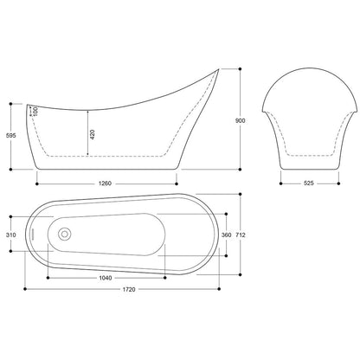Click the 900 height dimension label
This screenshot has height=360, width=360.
(241, 120)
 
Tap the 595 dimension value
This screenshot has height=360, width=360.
(11, 136)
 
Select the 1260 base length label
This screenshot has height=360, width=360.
(105, 183)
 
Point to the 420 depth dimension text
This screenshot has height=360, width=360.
(93, 134)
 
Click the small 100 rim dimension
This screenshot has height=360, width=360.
(35, 112)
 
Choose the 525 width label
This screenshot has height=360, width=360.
(309, 183)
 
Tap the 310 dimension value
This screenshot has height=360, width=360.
(11, 235)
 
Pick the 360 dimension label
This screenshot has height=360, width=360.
(226, 235)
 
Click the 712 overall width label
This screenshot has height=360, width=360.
(241, 235)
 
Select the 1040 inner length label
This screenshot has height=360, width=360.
(106, 278)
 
